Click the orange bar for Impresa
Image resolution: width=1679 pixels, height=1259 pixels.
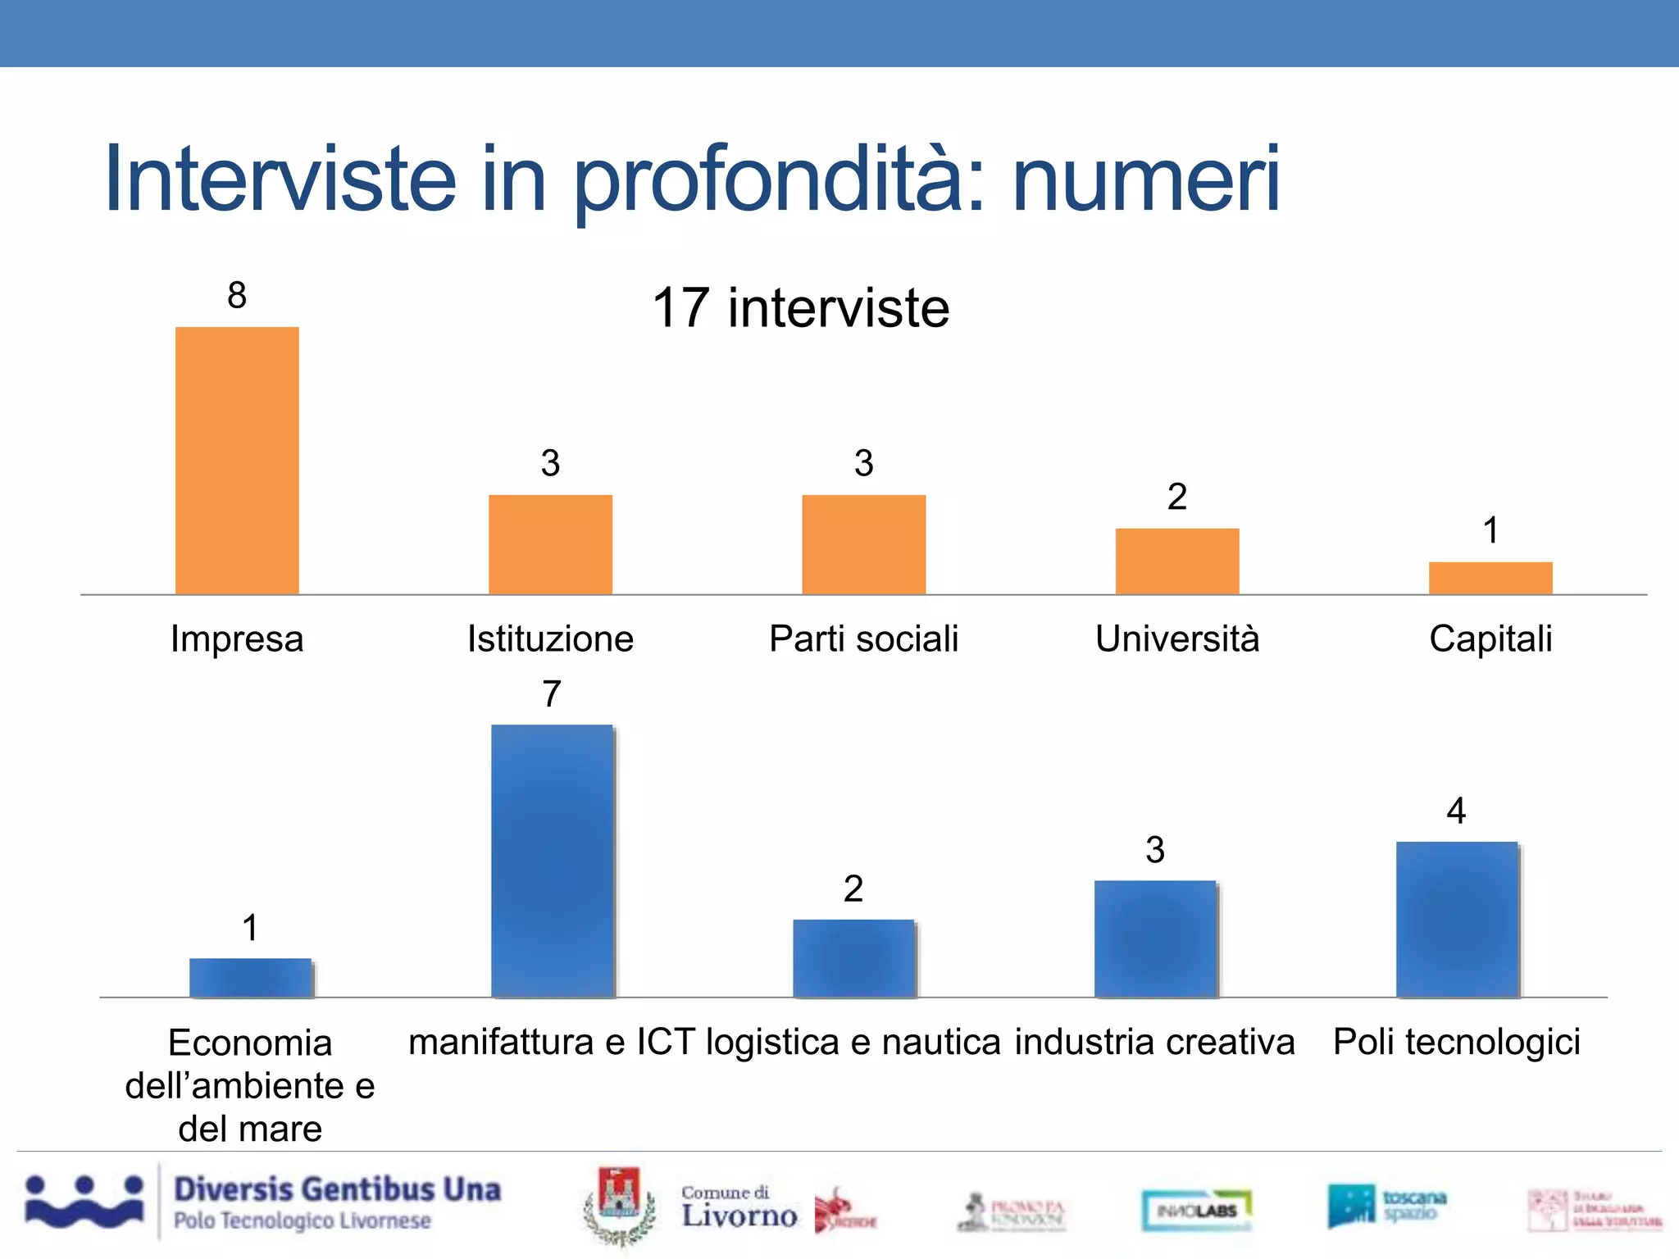coord(237,461)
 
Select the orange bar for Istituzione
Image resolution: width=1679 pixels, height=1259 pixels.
coord(550,544)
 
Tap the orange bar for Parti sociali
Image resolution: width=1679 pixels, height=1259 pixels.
coord(863,544)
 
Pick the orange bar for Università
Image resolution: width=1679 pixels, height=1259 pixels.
coord(1176,561)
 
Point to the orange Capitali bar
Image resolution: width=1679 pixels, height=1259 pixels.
coord(1490,578)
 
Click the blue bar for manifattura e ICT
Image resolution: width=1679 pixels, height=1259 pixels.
coord(552,861)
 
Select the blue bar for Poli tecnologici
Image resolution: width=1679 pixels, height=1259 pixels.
coord(1457,919)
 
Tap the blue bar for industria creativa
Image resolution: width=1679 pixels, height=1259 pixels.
coord(1155,939)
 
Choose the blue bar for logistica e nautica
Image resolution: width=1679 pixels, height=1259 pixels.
coord(853,958)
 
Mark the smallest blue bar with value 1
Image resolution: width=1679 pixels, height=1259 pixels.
coord(250,977)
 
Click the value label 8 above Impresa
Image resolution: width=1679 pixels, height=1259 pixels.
coord(237,295)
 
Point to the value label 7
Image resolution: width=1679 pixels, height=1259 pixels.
coord(552,694)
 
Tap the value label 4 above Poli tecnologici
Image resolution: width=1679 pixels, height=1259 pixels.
coord(1456,811)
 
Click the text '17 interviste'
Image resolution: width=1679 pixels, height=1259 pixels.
coord(800,308)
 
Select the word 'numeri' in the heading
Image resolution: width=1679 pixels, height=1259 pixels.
coord(1145,179)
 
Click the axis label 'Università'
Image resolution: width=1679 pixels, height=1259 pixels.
coord(1176,639)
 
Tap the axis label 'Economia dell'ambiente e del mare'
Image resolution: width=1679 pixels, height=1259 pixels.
coord(250,1085)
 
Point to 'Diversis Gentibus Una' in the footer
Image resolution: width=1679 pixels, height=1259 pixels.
coord(337,1189)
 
